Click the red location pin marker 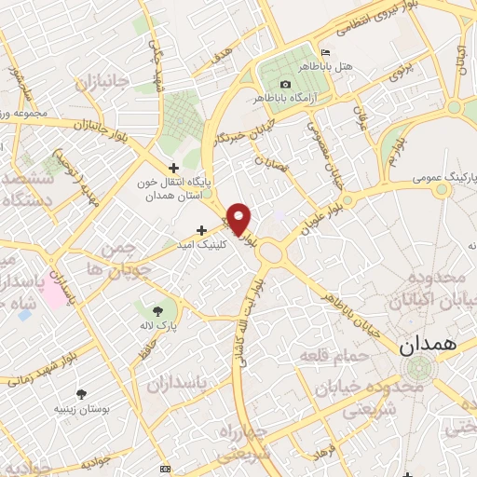(x=239, y=218)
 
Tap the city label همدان (x=430, y=345)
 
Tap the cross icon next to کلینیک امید (x=201, y=229)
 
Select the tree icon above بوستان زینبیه (x=82, y=393)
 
